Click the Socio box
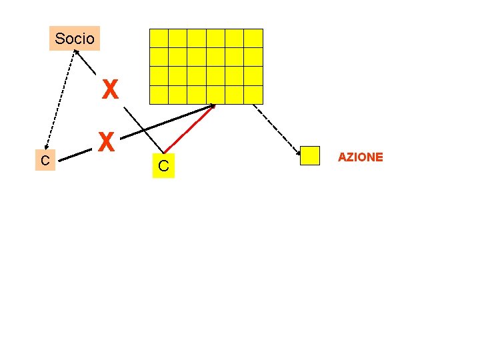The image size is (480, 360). point(75,39)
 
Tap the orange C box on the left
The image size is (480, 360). point(45,161)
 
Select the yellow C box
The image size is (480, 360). point(163,167)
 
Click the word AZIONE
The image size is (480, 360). point(360,157)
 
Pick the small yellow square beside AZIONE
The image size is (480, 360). point(310,156)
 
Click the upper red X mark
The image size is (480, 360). point(110,89)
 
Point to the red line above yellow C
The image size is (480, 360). point(189,129)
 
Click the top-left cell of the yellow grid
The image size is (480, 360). point(159,38)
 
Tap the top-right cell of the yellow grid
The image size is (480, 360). point(253,38)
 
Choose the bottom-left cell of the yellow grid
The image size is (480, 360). point(159,95)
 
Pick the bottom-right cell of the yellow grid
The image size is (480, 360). point(253,95)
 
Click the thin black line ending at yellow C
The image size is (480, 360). point(144,127)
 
